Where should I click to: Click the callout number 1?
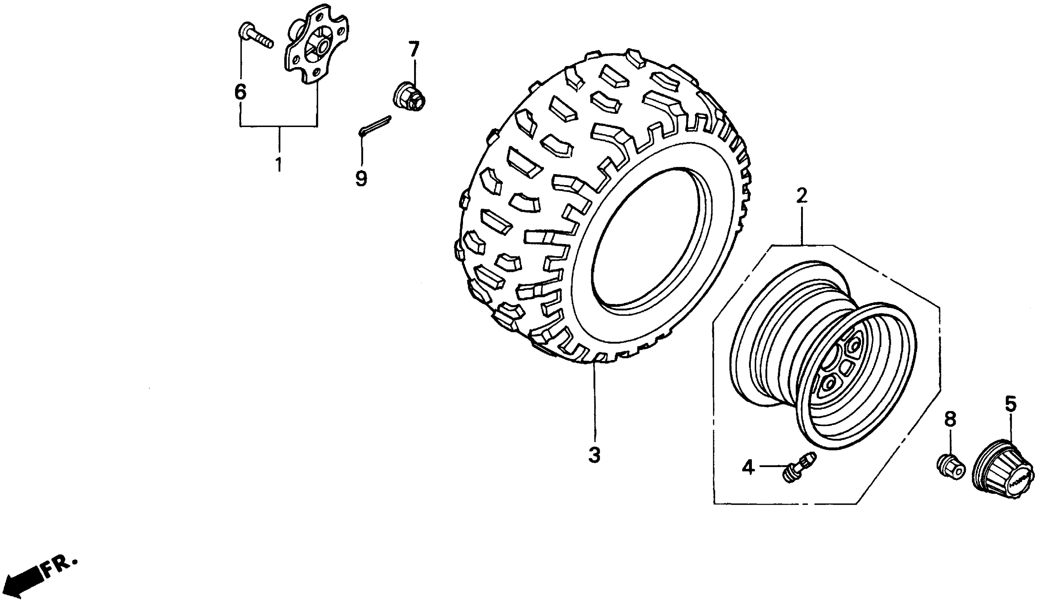[279, 164]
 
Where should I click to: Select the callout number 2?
[801, 196]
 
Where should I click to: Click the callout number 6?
[240, 92]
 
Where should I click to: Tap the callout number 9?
[361, 178]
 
